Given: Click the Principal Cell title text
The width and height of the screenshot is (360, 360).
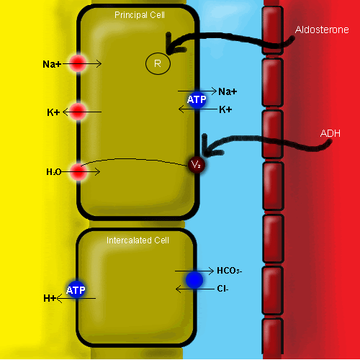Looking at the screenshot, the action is tap(140, 15).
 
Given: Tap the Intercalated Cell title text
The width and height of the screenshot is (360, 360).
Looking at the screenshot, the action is tap(138, 240).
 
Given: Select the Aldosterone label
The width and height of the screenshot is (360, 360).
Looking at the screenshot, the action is tap(322, 30).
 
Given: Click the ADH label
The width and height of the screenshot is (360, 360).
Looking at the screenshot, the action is tap(330, 133).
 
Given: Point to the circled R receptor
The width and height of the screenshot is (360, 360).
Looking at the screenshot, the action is tap(158, 63).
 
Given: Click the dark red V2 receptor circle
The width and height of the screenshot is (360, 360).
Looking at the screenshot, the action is tap(197, 165).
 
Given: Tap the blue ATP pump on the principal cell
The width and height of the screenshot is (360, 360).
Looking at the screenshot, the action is tap(197, 99).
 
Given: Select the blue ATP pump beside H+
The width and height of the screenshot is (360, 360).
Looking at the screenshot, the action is tap(76, 290).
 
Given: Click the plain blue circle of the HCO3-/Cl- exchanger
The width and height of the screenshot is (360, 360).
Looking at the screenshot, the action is tap(194, 280).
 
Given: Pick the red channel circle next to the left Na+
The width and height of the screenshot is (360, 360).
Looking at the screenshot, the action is tap(78, 63).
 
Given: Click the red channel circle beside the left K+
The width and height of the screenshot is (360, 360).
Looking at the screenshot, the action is tap(78, 112).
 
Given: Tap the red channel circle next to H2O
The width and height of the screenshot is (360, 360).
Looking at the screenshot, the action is tap(78, 172).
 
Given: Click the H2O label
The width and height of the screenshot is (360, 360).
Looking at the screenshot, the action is tap(54, 172).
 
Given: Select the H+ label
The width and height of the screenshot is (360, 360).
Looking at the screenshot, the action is tap(50, 298).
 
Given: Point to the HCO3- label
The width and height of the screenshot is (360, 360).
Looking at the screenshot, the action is tap(230, 271).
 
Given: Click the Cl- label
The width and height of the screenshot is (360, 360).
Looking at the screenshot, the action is tap(222, 289).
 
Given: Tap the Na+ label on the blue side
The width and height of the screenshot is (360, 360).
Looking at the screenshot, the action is tap(228, 91).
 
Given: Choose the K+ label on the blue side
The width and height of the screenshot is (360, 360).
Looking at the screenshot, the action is tap(225, 109).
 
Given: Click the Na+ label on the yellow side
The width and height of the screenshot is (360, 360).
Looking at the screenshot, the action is tap(52, 64).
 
